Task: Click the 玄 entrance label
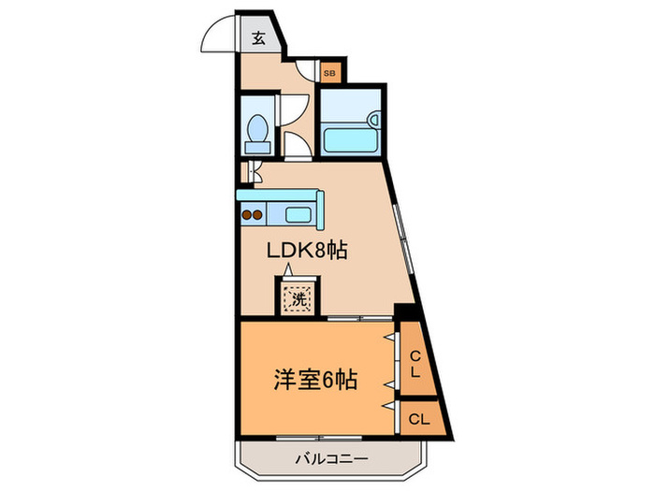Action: pyautogui.click(x=259, y=39)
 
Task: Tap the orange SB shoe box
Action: pyautogui.click(x=330, y=71)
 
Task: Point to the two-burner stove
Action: pyautogui.click(x=252, y=214)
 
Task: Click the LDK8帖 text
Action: pyautogui.click(x=297, y=250)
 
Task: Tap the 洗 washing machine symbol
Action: pyautogui.click(x=297, y=299)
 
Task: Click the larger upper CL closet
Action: pyautogui.click(x=413, y=359)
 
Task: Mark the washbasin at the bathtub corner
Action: pyautogui.click(x=373, y=120)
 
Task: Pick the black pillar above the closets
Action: pyautogui.click(x=404, y=313)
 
